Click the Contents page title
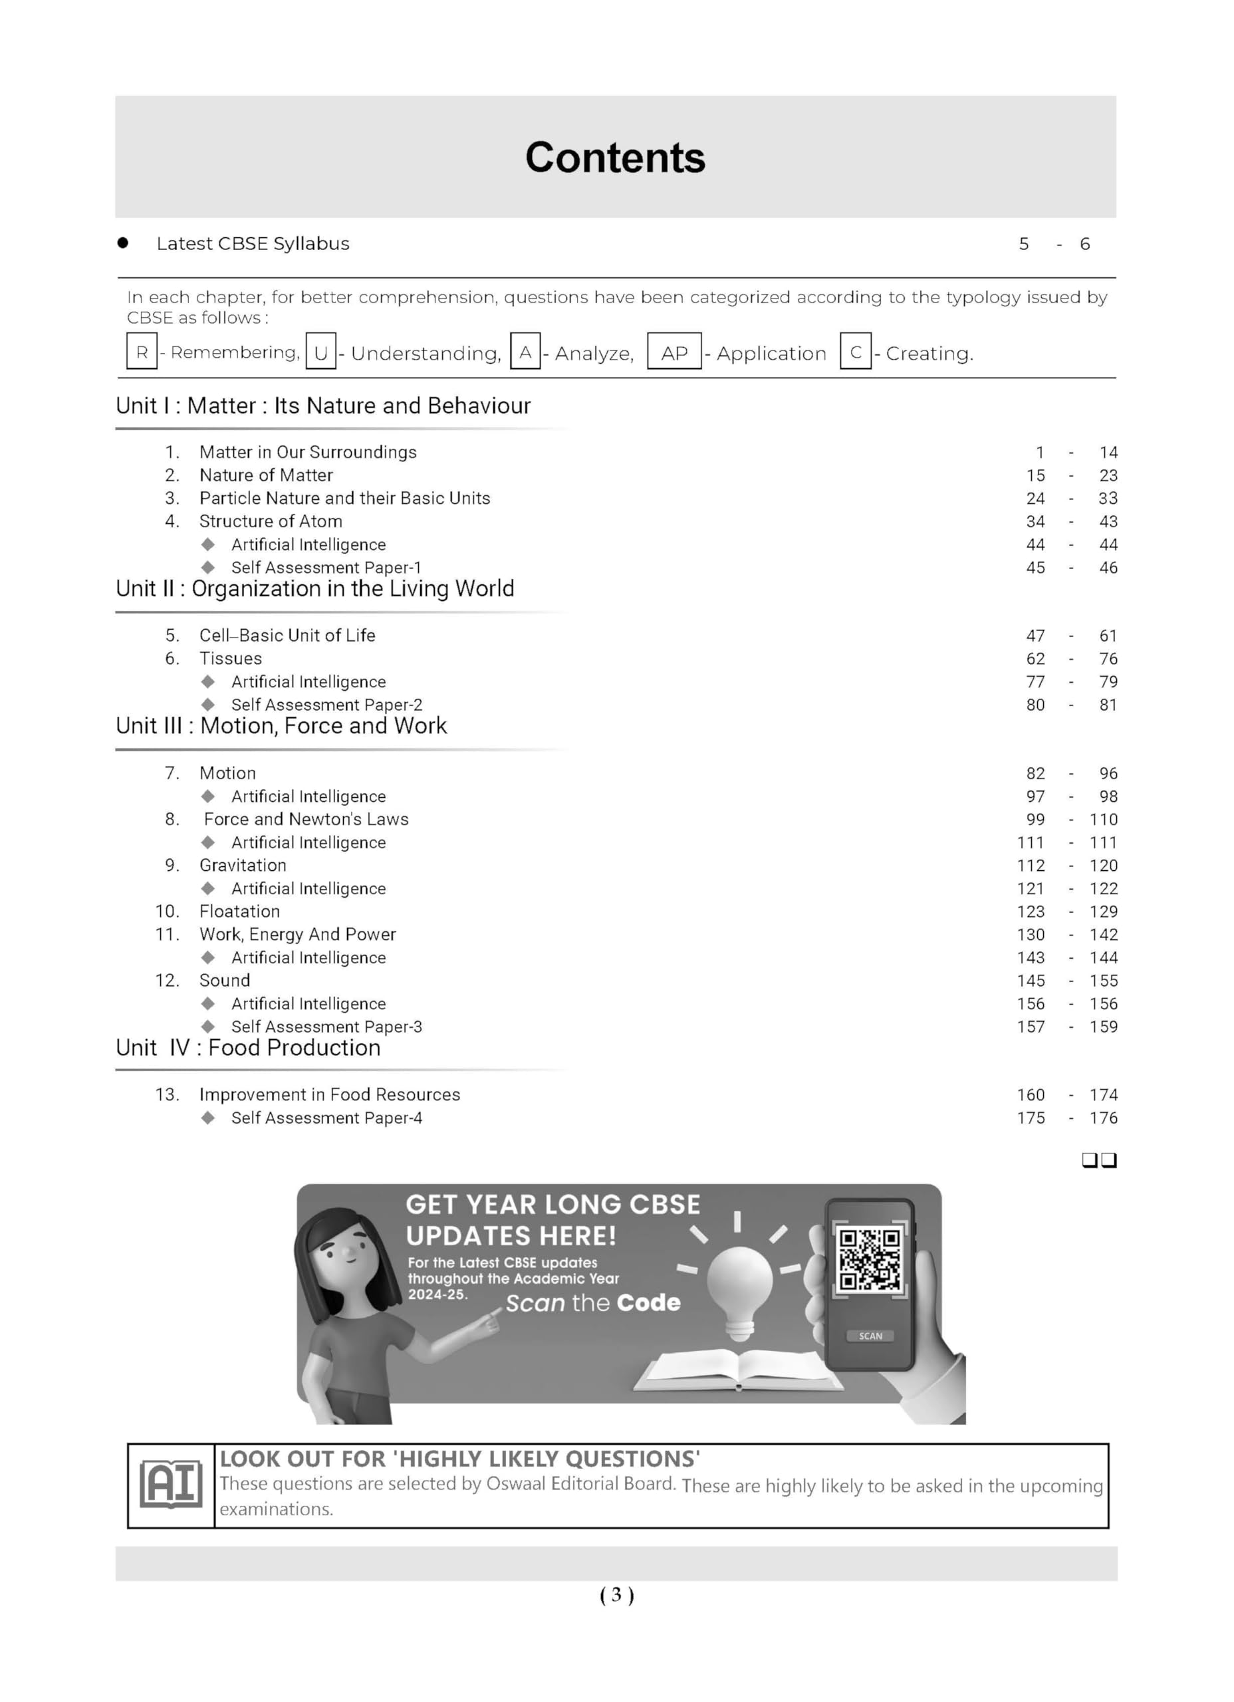[615, 158]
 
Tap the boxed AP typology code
[674, 353]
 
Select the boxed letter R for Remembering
[141, 352]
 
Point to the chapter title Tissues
[231, 659]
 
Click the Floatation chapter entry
[239, 912]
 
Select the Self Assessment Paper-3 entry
[326, 1027]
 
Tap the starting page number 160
[1030, 1095]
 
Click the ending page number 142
[1104, 935]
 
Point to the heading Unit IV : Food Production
[248, 1048]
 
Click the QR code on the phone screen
[869, 1259]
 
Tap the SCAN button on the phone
[870, 1336]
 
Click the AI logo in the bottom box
[171, 1485]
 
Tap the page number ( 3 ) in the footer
[616, 1595]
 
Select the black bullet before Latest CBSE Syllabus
[123, 243]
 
